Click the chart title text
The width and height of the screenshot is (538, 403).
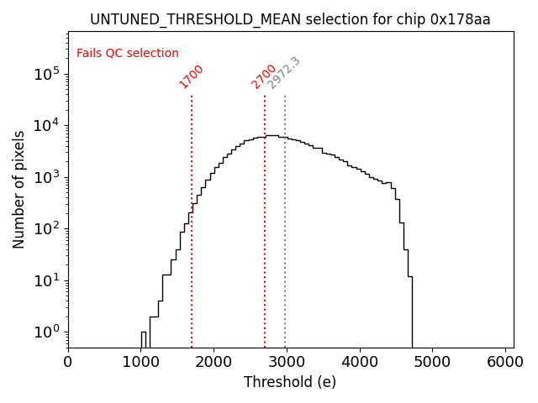pyautogui.click(x=290, y=19)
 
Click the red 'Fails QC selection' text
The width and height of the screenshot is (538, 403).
pyautogui.click(x=128, y=54)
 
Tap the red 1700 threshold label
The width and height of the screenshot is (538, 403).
pyautogui.click(x=192, y=76)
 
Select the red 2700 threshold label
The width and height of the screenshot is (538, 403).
pyautogui.click(x=264, y=76)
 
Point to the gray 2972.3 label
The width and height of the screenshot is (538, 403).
pyautogui.click(x=284, y=73)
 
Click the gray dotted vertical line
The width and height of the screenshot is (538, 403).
pyautogui.click(x=285, y=210)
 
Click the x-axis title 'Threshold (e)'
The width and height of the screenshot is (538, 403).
pyautogui.click(x=290, y=383)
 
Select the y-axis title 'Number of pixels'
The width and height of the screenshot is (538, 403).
pyautogui.click(x=18, y=189)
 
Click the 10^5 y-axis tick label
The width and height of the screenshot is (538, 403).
pyautogui.click(x=47, y=74)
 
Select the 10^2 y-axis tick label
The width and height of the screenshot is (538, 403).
pyautogui.click(x=47, y=228)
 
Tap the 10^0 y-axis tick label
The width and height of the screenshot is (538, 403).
pyautogui.click(x=47, y=332)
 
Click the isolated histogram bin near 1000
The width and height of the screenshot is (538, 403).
pyautogui.click(x=144, y=339)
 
